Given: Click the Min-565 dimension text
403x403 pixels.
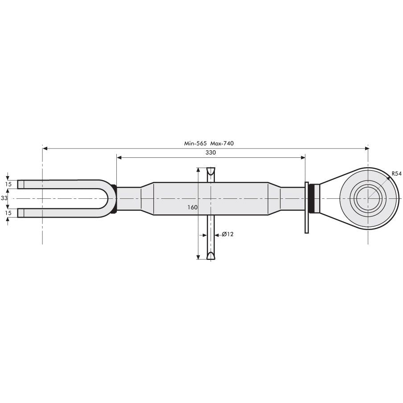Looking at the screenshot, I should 196,144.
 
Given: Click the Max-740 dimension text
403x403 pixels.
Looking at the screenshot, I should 222,144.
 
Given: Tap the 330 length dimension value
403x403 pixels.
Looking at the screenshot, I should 210,152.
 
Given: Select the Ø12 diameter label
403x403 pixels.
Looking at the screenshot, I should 227,234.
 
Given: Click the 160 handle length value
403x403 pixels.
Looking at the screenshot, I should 193,207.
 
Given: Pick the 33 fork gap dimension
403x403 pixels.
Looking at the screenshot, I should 5,197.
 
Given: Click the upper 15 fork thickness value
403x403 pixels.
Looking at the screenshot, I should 8,184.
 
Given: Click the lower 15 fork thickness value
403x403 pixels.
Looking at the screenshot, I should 8,213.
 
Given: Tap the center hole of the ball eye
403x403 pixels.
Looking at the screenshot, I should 368,198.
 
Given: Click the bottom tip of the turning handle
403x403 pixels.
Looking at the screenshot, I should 210,255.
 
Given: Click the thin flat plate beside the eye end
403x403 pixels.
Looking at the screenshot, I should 307,207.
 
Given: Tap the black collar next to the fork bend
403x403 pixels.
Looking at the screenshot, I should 114,198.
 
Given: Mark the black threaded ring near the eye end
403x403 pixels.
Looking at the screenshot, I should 315,198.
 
